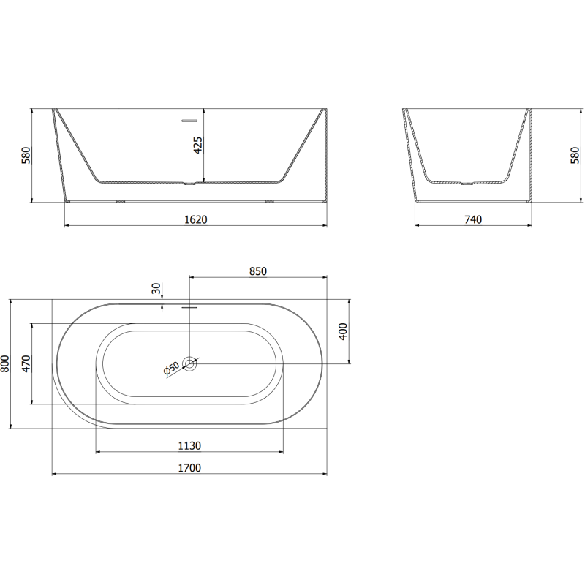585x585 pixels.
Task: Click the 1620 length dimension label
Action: point(196,219)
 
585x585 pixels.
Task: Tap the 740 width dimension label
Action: point(473,219)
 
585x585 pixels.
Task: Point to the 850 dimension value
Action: point(257,271)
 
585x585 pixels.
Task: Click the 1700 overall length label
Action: point(189,468)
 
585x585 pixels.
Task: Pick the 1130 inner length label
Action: point(189,445)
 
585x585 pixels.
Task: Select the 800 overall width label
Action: point(6,363)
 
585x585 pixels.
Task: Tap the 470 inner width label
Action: point(27,363)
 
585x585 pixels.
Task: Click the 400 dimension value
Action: point(342,331)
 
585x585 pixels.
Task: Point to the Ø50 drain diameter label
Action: point(172,369)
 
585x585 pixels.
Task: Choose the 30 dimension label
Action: point(156,289)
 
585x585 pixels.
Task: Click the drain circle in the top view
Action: point(190,363)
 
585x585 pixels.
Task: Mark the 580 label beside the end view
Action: point(575,155)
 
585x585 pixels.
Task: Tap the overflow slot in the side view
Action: point(189,117)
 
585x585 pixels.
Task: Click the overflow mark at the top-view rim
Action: point(189,307)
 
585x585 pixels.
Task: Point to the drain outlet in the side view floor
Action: point(190,184)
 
